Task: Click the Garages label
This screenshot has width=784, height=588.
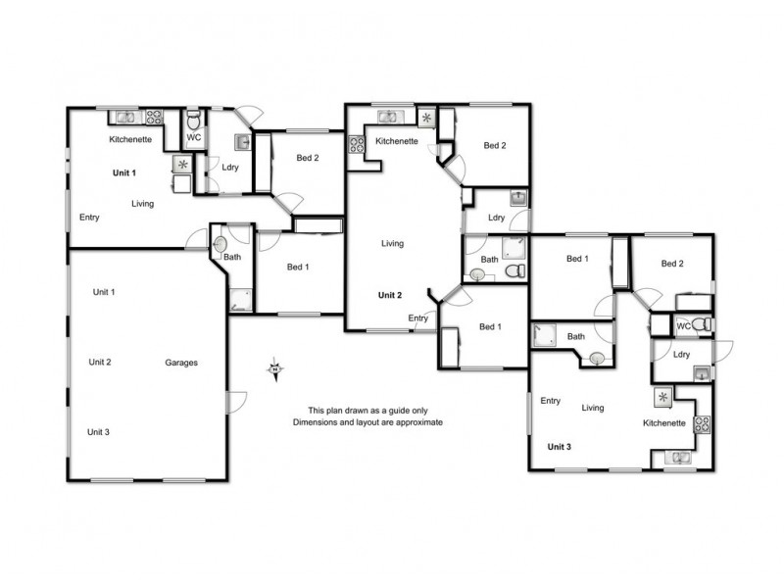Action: point(181,363)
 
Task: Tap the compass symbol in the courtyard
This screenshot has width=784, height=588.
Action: point(275,368)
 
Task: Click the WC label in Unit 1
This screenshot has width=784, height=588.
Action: point(194,138)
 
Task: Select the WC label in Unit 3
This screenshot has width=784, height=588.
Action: point(684,325)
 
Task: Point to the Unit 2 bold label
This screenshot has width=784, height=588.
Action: point(391,295)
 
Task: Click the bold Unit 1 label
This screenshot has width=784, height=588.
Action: point(124,173)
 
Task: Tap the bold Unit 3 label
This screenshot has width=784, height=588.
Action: point(559,447)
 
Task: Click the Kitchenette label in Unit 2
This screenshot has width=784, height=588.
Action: point(397,141)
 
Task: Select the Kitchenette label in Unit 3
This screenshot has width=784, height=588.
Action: point(663,423)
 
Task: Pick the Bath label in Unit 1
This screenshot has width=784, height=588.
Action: point(232,258)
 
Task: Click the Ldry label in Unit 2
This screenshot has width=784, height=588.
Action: point(496,218)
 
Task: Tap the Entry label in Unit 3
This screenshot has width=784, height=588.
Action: point(550,400)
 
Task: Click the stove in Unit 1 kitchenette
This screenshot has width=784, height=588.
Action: point(154,118)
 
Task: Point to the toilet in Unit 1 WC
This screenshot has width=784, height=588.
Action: point(194,121)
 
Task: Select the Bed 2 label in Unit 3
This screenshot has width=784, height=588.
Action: point(672,264)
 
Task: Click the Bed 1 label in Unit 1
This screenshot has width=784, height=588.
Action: point(298,267)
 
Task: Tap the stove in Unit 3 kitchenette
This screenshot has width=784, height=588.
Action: point(702,424)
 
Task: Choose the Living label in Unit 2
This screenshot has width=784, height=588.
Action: point(393,244)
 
